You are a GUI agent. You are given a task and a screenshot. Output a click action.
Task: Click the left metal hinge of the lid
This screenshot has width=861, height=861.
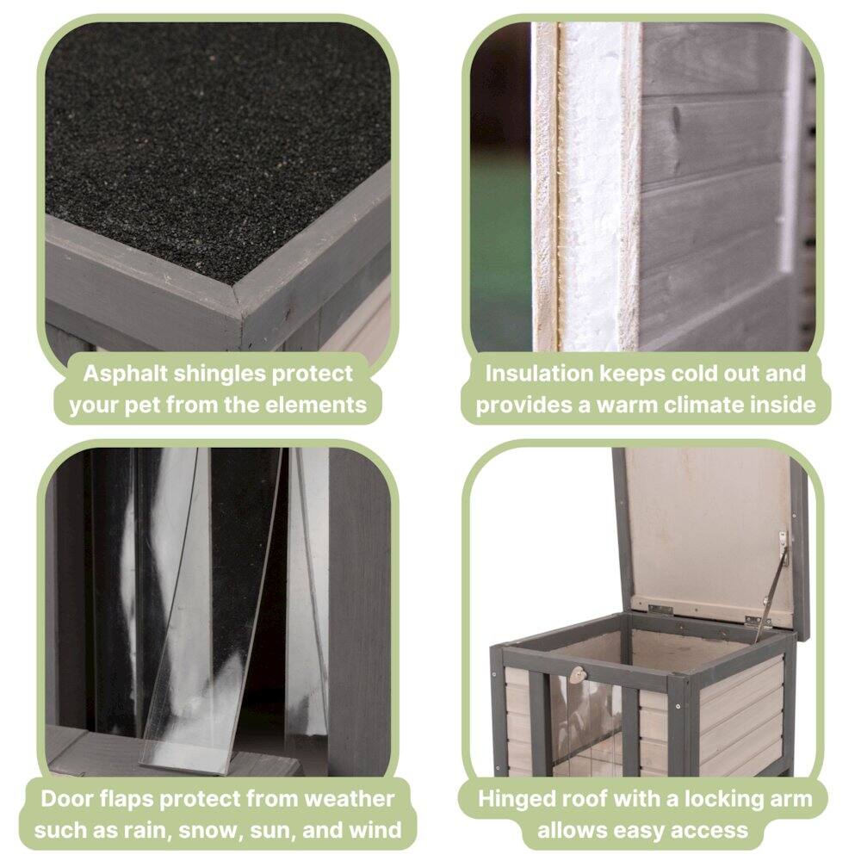point(660,609)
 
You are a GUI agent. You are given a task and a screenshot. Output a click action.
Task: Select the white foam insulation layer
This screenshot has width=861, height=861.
point(594,189)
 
